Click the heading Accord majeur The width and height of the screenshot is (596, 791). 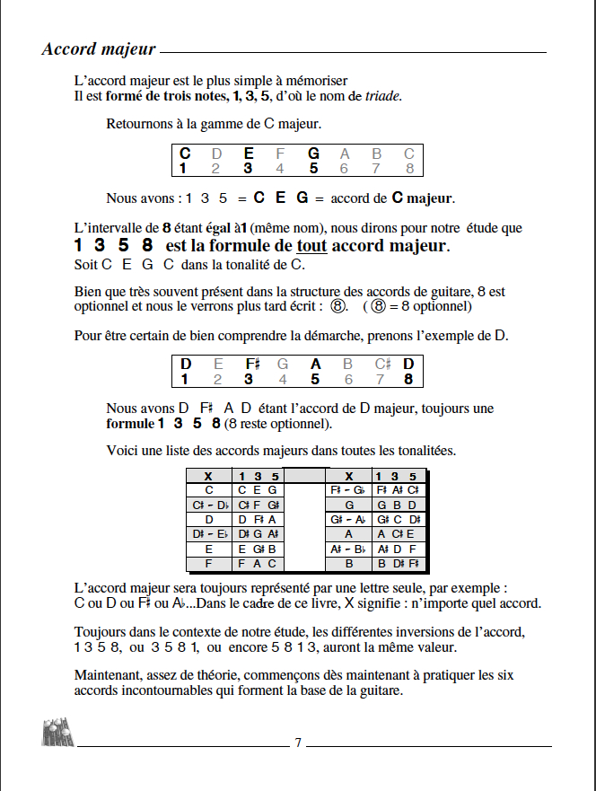[99, 48]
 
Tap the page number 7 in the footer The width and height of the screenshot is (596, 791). [298, 743]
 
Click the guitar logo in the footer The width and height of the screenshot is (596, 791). [57, 733]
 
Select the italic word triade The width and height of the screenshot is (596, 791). [382, 96]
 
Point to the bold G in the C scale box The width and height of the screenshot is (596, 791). [313, 154]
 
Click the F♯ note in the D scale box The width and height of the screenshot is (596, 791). [252, 364]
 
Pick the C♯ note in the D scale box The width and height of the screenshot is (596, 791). [381, 364]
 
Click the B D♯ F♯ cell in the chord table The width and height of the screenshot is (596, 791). [398, 564]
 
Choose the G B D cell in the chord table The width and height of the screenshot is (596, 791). [397, 505]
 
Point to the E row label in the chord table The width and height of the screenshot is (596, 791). [209, 549]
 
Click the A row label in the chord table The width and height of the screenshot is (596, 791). [349, 534]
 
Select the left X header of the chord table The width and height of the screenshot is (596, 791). [208, 476]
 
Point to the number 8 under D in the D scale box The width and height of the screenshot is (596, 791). [409, 379]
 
